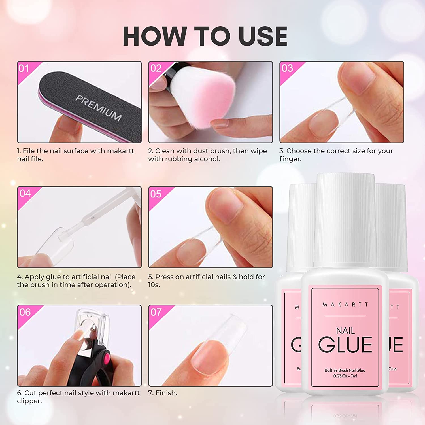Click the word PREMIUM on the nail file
point(99,107)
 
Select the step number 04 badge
point(25,193)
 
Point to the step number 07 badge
point(156,312)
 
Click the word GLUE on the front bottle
point(345,345)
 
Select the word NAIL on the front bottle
point(345,331)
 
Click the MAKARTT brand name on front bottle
point(345,305)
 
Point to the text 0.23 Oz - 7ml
point(345,376)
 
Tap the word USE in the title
point(263,36)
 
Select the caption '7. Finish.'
point(163,393)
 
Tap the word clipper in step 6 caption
point(29,401)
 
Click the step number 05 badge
point(156,194)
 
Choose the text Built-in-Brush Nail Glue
point(345,370)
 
